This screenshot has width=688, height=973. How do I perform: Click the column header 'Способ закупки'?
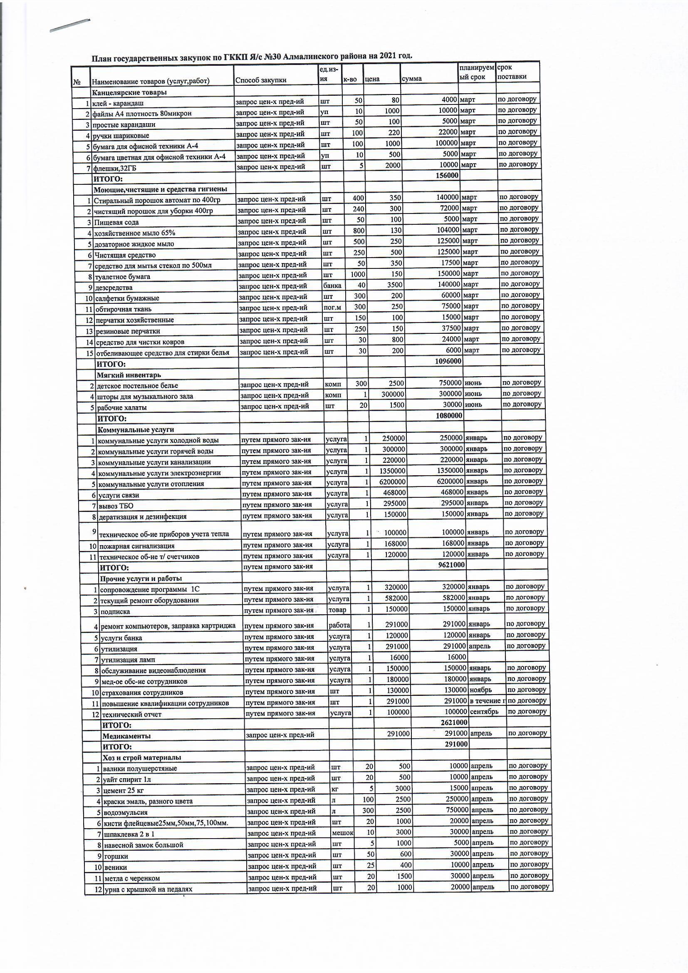pyautogui.click(x=260, y=80)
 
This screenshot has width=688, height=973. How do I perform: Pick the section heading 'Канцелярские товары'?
pyautogui.click(x=129, y=92)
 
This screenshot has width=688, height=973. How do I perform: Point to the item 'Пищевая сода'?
pyautogui.click(x=116, y=222)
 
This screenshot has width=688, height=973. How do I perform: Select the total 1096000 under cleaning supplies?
pyautogui.click(x=448, y=361)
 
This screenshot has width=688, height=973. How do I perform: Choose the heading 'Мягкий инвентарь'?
pyautogui.click(x=129, y=375)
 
